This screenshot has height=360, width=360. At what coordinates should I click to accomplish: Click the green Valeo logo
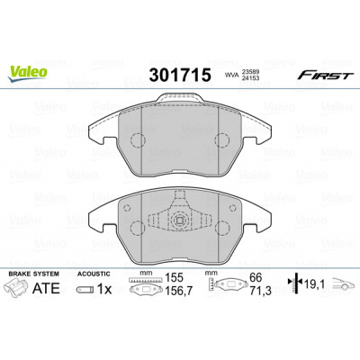(27, 73)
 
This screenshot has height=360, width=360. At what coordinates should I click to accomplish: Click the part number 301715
(180, 75)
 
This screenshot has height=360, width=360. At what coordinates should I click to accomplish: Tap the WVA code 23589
(250, 72)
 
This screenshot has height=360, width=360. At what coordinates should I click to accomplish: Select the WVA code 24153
(250, 78)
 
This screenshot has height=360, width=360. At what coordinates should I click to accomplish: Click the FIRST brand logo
(325, 76)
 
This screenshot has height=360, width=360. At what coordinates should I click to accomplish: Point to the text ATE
(46, 288)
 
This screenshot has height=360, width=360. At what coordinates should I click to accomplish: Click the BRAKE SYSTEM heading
(33, 274)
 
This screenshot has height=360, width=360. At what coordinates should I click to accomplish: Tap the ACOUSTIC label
(94, 274)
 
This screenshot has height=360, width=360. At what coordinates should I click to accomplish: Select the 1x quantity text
(104, 289)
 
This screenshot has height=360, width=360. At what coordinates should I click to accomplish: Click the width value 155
(175, 278)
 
